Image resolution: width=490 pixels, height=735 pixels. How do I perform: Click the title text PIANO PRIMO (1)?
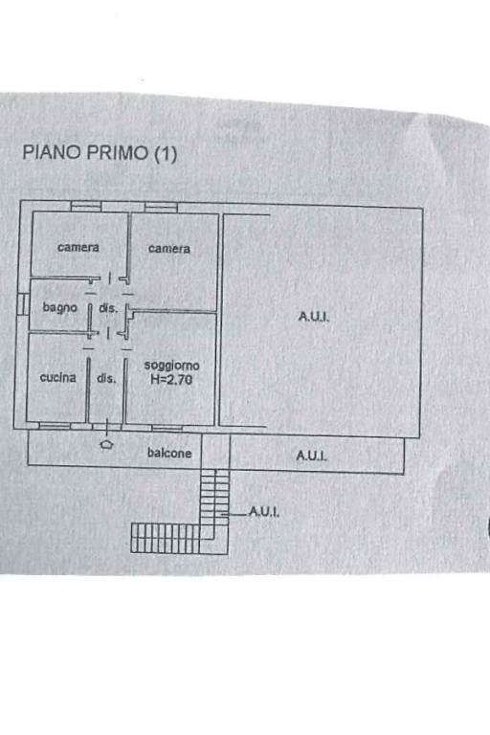(x=100, y=153)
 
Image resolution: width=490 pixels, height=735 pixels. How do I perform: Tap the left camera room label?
(x=78, y=247)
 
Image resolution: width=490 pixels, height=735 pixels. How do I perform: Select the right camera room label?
(x=169, y=249)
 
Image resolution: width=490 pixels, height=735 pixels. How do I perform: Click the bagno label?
(x=59, y=307)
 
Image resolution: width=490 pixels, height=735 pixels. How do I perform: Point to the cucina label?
(x=57, y=377)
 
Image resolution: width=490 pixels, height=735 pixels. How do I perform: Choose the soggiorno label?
(x=171, y=366)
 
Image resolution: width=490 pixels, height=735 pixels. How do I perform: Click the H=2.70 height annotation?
(x=171, y=379)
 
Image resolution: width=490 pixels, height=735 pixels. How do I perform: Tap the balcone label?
(x=169, y=453)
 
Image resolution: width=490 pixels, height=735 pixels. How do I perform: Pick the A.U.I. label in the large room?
(x=314, y=317)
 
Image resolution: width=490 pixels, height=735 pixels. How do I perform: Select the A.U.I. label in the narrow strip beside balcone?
(x=311, y=456)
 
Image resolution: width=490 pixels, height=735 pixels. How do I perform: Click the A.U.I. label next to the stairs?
(x=263, y=511)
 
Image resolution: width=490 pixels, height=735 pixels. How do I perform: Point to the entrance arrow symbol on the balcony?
(x=107, y=444)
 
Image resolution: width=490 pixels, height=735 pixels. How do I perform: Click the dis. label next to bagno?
(x=108, y=308)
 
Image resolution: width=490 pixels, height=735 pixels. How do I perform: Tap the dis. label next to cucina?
(x=106, y=378)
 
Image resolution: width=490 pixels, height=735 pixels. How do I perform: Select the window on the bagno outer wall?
(x=22, y=303)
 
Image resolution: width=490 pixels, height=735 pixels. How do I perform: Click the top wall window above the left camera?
(x=86, y=207)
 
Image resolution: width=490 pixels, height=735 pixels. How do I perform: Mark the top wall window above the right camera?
(x=161, y=207)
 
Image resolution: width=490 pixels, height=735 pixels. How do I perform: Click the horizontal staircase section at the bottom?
(x=165, y=538)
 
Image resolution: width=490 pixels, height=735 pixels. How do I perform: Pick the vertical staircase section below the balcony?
(x=215, y=498)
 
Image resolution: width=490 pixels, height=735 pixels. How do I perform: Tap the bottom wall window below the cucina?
(x=55, y=426)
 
